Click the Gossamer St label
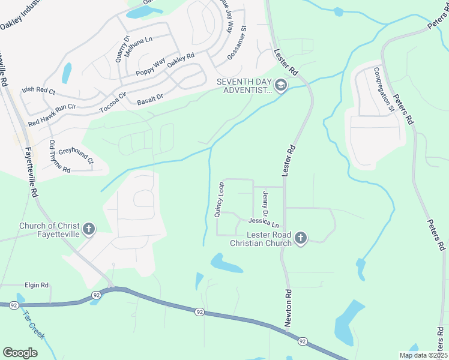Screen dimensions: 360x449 [x=237, y=42]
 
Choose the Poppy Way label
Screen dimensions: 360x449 [x=150, y=67]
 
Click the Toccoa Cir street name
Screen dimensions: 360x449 [x=113, y=100]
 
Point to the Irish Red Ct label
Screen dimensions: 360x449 [x=38, y=91]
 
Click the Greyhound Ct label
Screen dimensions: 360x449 [x=76, y=152]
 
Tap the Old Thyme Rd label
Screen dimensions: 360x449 [x=59, y=157]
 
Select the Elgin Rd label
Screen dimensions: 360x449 [x=36, y=286]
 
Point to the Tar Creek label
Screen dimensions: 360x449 [x=34, y=325]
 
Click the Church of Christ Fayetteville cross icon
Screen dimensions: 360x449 [x=88, y=229]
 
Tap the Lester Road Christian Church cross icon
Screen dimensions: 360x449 [x=301, y=239]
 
